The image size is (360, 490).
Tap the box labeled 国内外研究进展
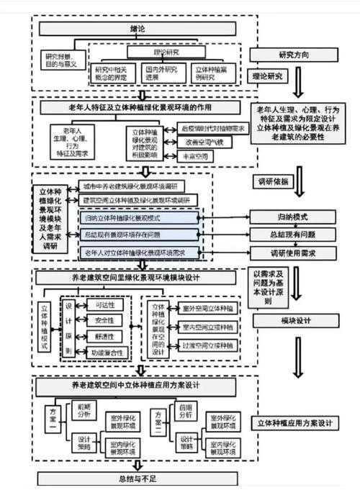pos(162,73)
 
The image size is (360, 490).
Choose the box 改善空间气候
pos(204,142)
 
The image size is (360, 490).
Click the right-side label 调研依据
pos(275,181)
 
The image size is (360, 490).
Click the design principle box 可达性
pos(105,304)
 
